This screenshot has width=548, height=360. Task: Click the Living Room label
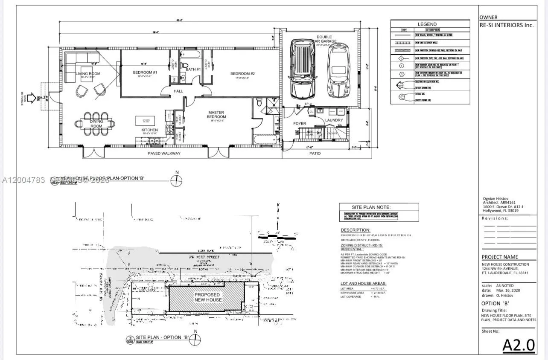point(88,74)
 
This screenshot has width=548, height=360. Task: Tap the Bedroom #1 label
point(145,73)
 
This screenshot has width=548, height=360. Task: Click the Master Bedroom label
point(216,114)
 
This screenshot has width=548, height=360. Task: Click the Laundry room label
point(334,120)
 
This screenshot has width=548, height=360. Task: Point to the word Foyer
point(299,124)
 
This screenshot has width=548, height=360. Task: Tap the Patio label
point(315,154)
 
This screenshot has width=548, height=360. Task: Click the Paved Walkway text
point(164,154)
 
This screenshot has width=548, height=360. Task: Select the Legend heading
point(427,24)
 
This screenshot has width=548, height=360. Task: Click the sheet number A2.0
point(518,345)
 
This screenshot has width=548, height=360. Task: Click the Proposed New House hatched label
point(208,297)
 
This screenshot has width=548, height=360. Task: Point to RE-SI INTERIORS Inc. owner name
point(507,25)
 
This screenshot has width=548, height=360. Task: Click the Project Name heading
point(500,257)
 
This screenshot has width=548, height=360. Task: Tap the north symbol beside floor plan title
point(176,181)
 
